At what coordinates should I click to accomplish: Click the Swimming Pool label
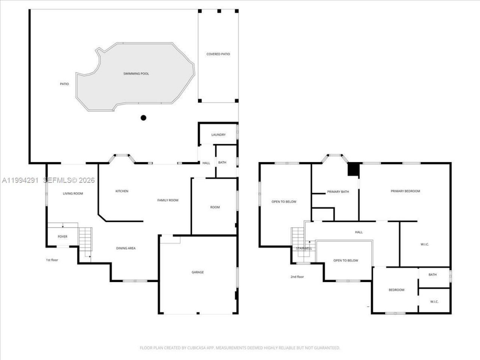[136, 74]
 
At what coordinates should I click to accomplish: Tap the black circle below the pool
[143, 118]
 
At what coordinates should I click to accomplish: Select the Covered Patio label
[218, 54]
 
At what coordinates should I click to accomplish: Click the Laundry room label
[218, 135]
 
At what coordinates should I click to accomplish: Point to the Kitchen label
[121, 191]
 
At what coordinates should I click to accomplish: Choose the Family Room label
[168, 200]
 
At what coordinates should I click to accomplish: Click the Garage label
[198, 272]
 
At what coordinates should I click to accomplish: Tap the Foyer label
[63, 237]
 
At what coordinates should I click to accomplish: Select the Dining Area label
[126, 248]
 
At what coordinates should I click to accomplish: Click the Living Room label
[73, 193]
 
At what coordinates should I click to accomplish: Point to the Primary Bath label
[338, 192]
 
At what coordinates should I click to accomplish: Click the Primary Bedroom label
[405, 191]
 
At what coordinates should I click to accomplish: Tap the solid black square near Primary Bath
[354, 169]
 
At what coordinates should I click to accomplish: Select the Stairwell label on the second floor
[304, 249]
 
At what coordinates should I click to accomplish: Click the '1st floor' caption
[52, 260]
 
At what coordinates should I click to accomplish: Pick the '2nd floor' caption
[297, 277]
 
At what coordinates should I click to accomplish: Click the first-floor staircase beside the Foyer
[85, 239]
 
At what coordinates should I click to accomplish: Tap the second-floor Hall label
[358, 232]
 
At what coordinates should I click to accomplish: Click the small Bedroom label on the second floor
[396, 290]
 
